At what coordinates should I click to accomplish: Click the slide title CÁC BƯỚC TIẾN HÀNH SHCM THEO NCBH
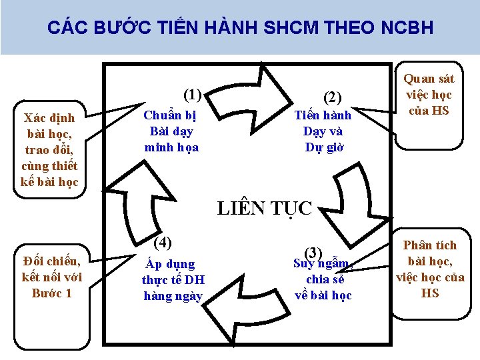pos(241,28)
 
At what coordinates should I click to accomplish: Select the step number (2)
pos(331,97)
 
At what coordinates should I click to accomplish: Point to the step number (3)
pos(313,253)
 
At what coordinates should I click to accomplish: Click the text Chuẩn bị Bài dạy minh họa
pos(172,131)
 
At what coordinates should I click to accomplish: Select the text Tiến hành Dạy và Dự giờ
pos(323,131)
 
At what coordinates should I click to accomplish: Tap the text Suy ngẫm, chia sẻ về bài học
pos(323,279)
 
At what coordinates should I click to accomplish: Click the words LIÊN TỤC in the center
pos(265,209)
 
